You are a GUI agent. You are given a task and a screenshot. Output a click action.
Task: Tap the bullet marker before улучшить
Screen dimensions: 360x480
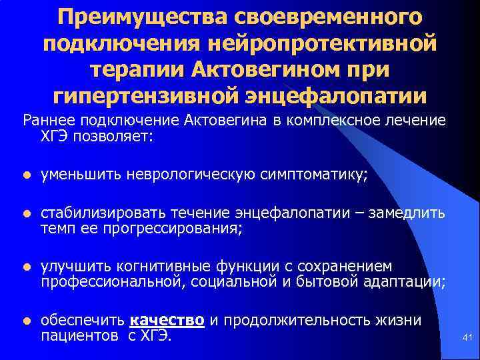26,268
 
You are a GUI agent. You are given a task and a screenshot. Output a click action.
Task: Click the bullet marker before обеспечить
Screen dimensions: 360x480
26,321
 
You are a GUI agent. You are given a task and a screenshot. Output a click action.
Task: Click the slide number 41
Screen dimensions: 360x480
467,339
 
